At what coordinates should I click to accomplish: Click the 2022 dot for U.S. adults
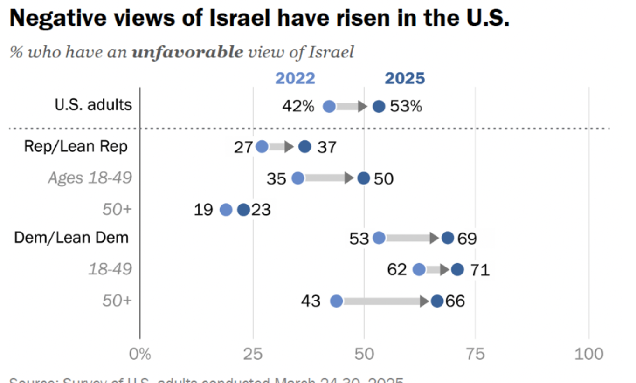tap(329, 106)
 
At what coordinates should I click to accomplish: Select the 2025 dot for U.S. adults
tap(379, 106)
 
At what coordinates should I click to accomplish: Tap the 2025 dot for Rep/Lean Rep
tap(304, 147)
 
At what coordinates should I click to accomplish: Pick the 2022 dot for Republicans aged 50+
tap(226, 210)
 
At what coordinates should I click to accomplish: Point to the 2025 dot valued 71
tap(458, 269)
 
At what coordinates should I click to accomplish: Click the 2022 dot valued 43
tap(336, 301)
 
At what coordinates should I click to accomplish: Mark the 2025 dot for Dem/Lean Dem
tap(448, 238)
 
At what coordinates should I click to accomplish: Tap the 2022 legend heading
tap(295, 78)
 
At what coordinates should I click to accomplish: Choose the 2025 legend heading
tap(405, 78)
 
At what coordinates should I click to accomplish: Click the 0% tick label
tap(140, 354)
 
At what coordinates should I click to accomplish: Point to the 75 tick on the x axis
tap(476, 354)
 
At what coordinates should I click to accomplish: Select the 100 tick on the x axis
tap(589, 354)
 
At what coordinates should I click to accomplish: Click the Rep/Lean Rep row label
tap(76, 146)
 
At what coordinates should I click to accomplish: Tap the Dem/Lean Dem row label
tap(71, 238)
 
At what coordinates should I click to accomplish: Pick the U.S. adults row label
tap(93, 104)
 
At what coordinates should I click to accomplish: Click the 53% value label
tap(406, 106)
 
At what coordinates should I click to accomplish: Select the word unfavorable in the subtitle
tap(187, 52)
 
